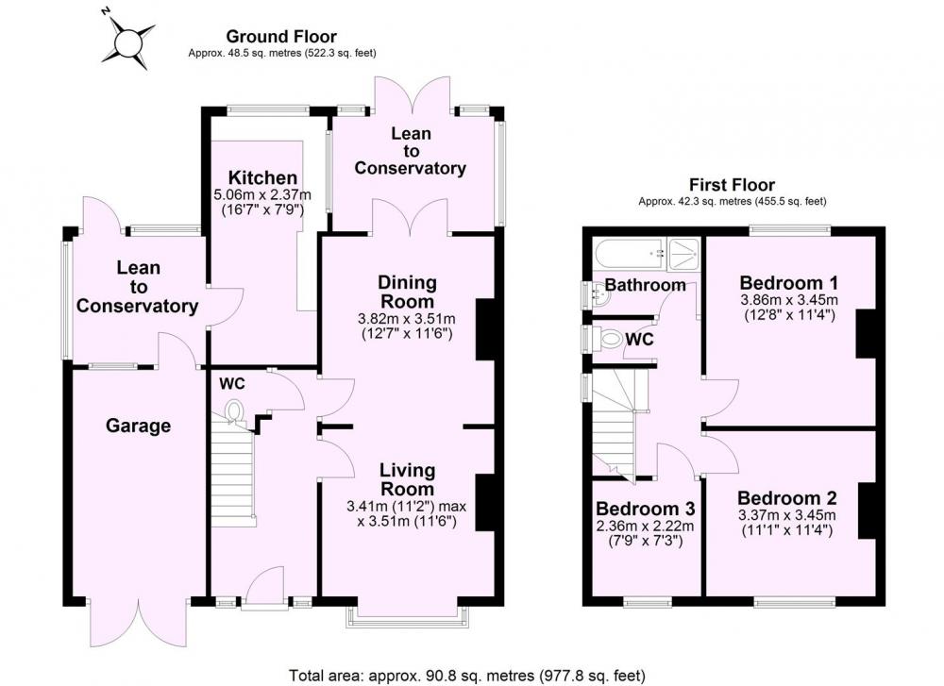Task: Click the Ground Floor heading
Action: [x=281, y=37]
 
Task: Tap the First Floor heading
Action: [x=733, y=184]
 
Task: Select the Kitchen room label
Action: [x=262, y=177]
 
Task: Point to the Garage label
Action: [x=138, y=427]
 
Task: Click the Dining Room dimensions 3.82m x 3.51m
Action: [x=408, y=318]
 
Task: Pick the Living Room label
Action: [x=407, y=479]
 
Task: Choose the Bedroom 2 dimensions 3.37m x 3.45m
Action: [x=787, y=515]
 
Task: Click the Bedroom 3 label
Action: [x=646, y=510]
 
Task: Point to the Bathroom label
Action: [x=645, y=285]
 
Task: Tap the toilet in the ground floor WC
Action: [x=233, y=411]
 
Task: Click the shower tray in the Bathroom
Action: [x=684, y=253]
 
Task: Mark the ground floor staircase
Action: [x=232, y=476]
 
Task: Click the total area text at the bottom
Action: [x=467, y=676]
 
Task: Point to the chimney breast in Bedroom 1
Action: [x=866, y=334]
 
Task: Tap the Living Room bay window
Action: [x=407, y=617]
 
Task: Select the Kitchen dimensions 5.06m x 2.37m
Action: [x=262, y=194]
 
